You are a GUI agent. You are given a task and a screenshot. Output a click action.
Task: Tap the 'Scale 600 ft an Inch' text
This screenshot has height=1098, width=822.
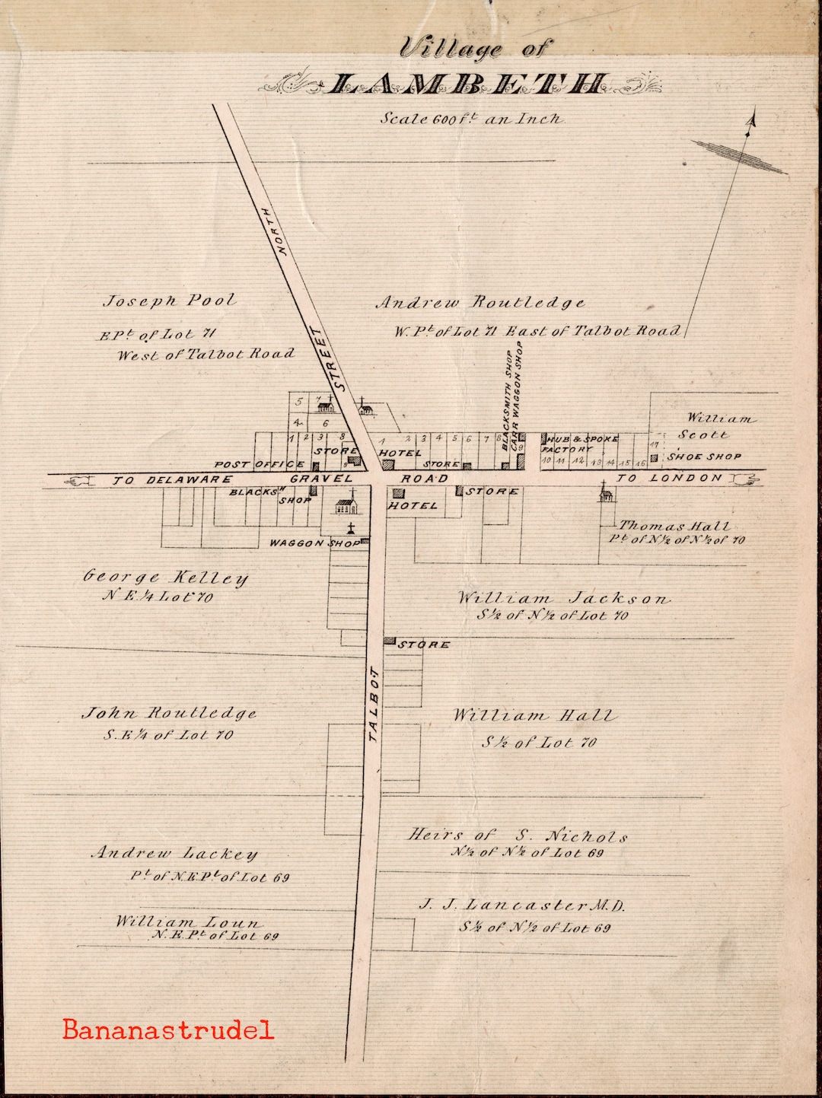pyautogui.click(x=471, y=119)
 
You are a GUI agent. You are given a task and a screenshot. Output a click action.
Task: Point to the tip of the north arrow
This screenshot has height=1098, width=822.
pyautogui.click(x=753, y=116)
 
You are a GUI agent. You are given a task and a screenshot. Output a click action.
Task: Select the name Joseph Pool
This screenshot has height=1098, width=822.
pyautogui.click(x=169, y=301)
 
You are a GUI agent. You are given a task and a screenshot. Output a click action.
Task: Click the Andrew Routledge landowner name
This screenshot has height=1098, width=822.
pyautogui.click(x=481, y=303)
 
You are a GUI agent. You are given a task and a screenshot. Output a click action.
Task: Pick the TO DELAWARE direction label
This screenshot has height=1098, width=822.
pyautogui.click(x=173, y=479)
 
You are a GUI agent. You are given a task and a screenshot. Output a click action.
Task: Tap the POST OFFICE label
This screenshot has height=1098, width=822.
pyautogui.click(x=260, y=464)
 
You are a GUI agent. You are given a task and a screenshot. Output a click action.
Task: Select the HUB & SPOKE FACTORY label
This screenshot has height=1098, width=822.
pyautogui.click(x=580, y=444)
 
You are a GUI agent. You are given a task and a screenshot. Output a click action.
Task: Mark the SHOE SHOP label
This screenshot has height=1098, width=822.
pyautogui.click(x=704, y=457)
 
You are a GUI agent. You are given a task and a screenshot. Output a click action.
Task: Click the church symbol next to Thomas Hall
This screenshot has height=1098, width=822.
pyautogui.click(x=606, y=492)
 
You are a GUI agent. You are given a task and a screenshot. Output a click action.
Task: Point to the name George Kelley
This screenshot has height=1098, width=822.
pyautogui.click(x=166, y=578)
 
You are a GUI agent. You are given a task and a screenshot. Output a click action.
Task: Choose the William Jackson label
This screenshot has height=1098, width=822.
pyautogui.click(x=563, y=598)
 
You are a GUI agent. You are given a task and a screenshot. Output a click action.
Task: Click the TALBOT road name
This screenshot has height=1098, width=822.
pyautogui.click(x=373, y=704)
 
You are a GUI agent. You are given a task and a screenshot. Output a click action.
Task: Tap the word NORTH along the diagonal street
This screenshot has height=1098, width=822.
pyautogui.click(x=275, y=231)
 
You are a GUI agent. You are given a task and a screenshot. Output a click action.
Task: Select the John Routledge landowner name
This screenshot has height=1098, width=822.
pyautogui.click(x=169, y=714)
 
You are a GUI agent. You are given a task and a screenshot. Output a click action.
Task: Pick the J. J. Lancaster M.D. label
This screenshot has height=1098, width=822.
pyautogui.click(x=522, y=905)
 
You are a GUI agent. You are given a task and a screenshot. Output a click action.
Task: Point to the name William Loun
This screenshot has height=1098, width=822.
pyautogui.click(x=187, y=921)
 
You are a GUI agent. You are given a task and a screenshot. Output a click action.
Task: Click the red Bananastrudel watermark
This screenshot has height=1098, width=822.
pyautogui.click(x=168, y=1030)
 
